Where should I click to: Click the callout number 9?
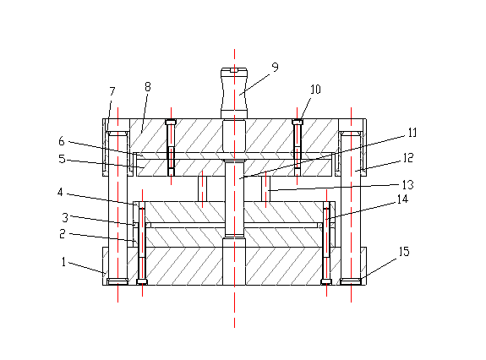[x=275, y=67]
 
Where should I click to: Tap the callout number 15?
[x=404, y=251]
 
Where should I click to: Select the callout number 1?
[x=64, y=262]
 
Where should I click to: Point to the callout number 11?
[x=412, y=133]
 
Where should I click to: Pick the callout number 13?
[x=408, y=184]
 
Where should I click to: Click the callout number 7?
[x=112, y=91]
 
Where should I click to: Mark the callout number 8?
[x=148, y=87]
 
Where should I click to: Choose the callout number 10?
[x=315, y=90]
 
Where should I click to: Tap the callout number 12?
[x=408, y=158]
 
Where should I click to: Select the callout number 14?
[x=402, y=199]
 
